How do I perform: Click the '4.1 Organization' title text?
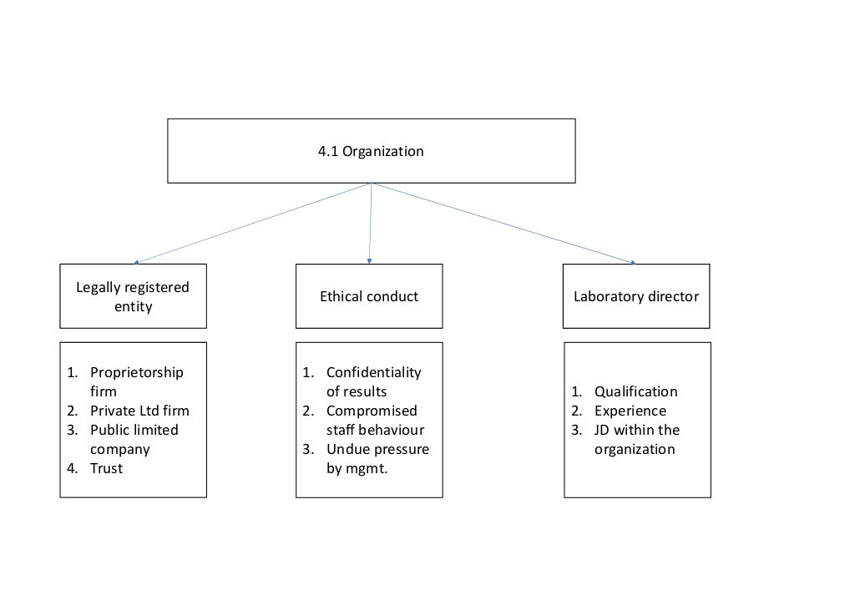[x=371, y=152]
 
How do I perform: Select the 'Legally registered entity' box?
[x=133, y=296]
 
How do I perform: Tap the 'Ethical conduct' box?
[x=369, y=296]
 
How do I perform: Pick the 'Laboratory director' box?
[x=636, y=296]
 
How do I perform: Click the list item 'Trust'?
[x=106, y=468]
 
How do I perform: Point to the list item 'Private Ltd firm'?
[x=139, y=411]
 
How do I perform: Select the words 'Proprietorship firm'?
[x=136, y=381]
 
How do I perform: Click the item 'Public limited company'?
[x=134, y=440]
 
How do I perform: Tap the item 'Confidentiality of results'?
[x=373, y=381]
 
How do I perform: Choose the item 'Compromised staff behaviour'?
[x=375, y=421]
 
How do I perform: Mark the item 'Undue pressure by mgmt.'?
[x=377, y=459]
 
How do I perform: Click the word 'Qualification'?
[x=635, y=391]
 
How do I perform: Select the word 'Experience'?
[x=630, y=411]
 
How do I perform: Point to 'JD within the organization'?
[x=636, y=439]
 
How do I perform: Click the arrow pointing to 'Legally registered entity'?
[x=250, y=223]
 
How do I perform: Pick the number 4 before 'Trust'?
[x=72, y=468]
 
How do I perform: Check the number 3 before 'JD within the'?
[x=576, y=430]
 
